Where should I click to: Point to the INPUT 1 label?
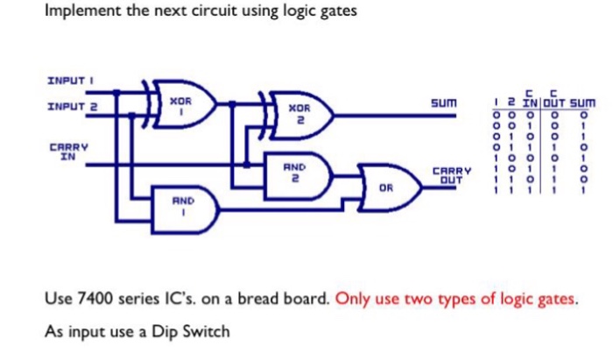[69, 81]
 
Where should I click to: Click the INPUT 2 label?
[71, 107]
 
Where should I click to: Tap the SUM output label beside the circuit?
[445, 103]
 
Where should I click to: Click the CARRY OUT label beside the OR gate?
[452, 175]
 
